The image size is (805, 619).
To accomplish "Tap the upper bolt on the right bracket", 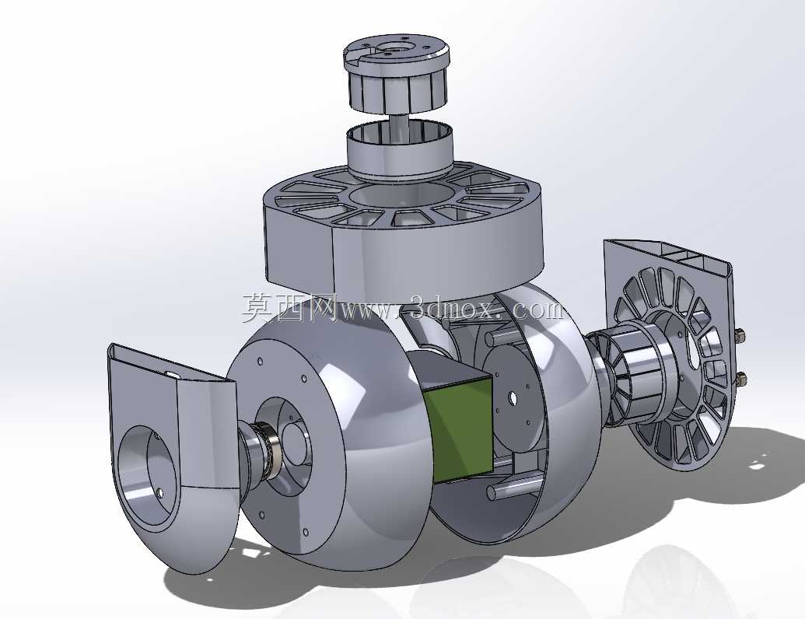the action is click(740, 336).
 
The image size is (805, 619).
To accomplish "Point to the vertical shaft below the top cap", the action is click(395, 124).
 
